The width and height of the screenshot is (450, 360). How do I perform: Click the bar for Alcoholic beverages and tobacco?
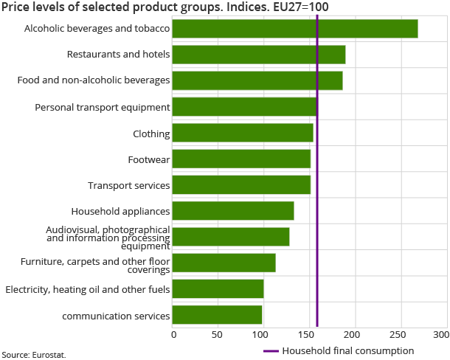tap(295, 29)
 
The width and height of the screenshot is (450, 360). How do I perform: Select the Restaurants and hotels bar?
tap(259, 55)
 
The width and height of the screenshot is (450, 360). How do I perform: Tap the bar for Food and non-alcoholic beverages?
tap(257, 80)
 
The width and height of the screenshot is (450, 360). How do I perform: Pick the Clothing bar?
tap(243, 133)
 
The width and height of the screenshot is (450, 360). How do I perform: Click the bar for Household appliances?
tap(233, 211)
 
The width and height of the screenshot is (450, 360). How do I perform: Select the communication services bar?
tap(218, 315)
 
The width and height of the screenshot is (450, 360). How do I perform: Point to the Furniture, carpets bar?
tap(224, 263)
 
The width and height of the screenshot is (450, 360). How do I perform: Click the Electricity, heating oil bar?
tap(218, 289)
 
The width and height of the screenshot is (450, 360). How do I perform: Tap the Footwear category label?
tap(148, 159)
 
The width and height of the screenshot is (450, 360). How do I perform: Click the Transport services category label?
tap(128, 185)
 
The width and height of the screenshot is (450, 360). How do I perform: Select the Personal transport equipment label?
tap(103, 107)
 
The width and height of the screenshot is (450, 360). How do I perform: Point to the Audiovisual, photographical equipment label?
tap(108, 238)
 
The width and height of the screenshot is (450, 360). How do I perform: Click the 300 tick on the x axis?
tap(440, 335)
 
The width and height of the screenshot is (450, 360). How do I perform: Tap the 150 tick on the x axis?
tap(308, 335)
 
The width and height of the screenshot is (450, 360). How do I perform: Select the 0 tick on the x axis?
tap(174, 335)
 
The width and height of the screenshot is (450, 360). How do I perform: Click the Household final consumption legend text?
tap(347, 351)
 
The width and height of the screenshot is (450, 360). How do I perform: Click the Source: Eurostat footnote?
tap(33, 355)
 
